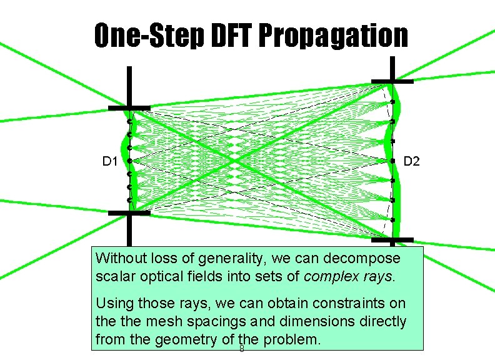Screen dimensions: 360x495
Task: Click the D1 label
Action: (111, 162)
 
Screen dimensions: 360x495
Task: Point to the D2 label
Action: (412, 162)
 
